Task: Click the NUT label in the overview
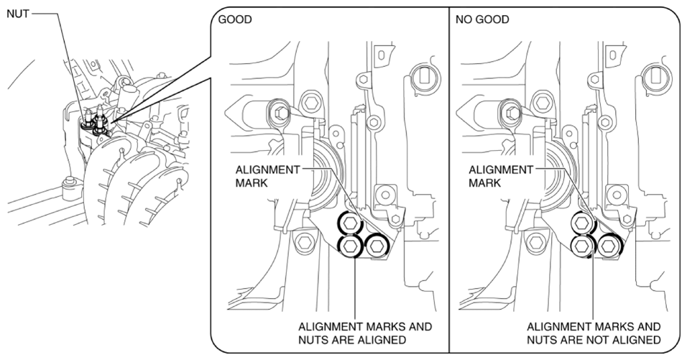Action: point(18,14)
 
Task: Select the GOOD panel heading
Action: point(235,19)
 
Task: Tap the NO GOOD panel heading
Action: point(482,19)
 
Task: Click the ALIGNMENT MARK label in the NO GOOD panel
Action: point(501,176)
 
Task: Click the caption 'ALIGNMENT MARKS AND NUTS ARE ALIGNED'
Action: point(364,333)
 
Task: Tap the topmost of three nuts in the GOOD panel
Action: point(350,223)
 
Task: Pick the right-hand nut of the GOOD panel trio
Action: point(377,246)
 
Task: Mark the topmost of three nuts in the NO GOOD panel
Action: point(582,223)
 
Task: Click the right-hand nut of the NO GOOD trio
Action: point(609,246)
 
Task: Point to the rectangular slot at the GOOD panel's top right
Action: point(423,75)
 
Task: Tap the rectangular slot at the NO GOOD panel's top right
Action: point(656,75)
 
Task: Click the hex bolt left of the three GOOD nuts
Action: point(304,241)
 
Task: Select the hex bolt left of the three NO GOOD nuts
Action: point(537,241)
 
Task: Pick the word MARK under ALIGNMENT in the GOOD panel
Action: point(251,183)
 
